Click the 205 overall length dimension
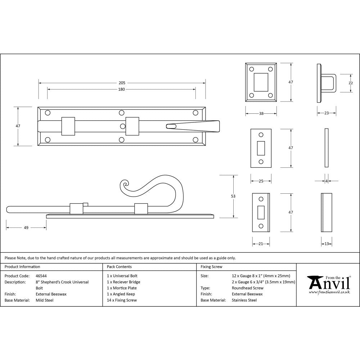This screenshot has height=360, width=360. (122, 83)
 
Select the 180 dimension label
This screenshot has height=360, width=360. (122, 89)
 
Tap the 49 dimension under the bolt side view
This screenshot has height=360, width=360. (26, 228)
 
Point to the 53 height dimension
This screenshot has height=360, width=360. (233, 196)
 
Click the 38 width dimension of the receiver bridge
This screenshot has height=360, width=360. (261, 113)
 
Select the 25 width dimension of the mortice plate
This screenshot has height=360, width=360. (261, 181)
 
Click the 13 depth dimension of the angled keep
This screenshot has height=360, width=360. (326, 244)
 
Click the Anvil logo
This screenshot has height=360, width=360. (328, 284)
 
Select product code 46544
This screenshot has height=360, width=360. (41, 276)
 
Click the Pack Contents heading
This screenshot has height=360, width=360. (120, 267)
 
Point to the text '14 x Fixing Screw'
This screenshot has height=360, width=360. (122, 300)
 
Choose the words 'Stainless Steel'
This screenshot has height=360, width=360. (244, 300)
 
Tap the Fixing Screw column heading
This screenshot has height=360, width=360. (212, 267)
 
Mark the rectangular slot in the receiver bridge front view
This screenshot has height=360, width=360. (261, 82)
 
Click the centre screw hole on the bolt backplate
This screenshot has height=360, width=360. (122, 126)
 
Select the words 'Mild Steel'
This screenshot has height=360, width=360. (44, 300)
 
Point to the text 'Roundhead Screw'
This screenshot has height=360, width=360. (248, 288)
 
